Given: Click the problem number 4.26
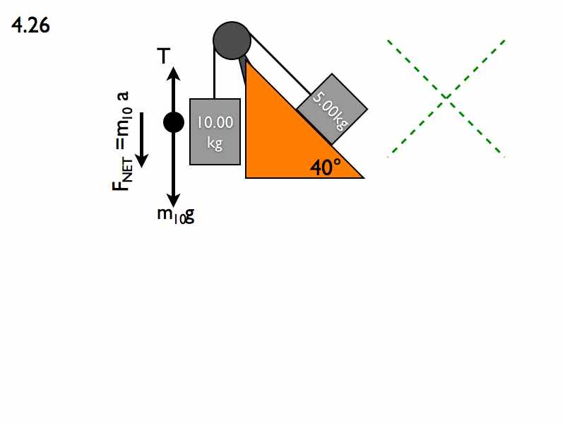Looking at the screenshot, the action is (30, 26).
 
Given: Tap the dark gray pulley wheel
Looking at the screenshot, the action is (232, 40).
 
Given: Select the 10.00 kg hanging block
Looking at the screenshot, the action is (215, 131).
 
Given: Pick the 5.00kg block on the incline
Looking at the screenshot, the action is (332, 109).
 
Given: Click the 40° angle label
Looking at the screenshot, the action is (326, 167).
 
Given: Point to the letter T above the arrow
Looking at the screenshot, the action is (164, 56).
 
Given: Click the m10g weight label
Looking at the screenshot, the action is (176, 216).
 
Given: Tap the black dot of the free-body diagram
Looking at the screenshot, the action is (174, 122).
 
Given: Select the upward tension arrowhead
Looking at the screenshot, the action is (174, 73).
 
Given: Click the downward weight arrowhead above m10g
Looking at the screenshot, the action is (174, 200).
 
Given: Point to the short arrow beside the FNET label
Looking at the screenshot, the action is (142, 140).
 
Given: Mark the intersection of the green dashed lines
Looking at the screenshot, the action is (446, 98).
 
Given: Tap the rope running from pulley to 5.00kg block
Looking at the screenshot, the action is (279, 65).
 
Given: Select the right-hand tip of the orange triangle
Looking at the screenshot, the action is (364, 177).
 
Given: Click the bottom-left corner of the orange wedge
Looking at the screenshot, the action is (246, 177).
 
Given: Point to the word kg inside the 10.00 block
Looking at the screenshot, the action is (215, 143).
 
